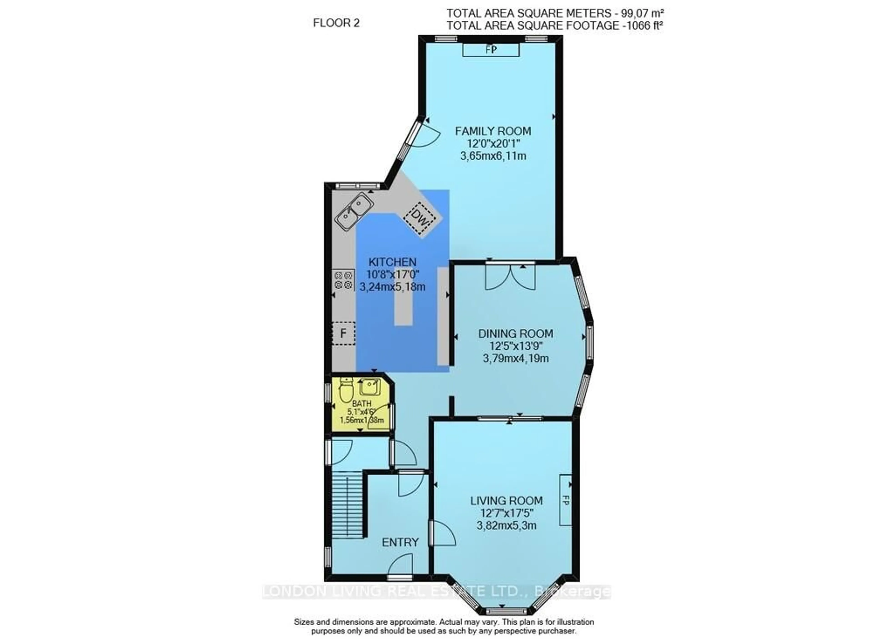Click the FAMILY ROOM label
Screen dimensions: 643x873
pos(493,131)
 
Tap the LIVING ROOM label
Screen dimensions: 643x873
pos(506,501)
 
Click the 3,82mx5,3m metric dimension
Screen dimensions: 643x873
pos(506,526)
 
